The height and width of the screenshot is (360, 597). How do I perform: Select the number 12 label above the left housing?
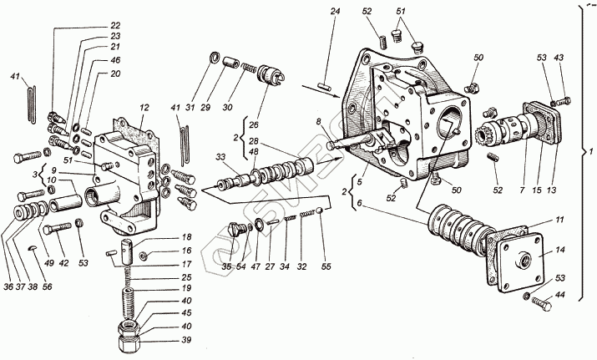[144, 107]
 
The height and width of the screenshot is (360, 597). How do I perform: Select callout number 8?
[317, 123]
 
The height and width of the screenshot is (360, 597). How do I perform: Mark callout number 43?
[559, 57]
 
